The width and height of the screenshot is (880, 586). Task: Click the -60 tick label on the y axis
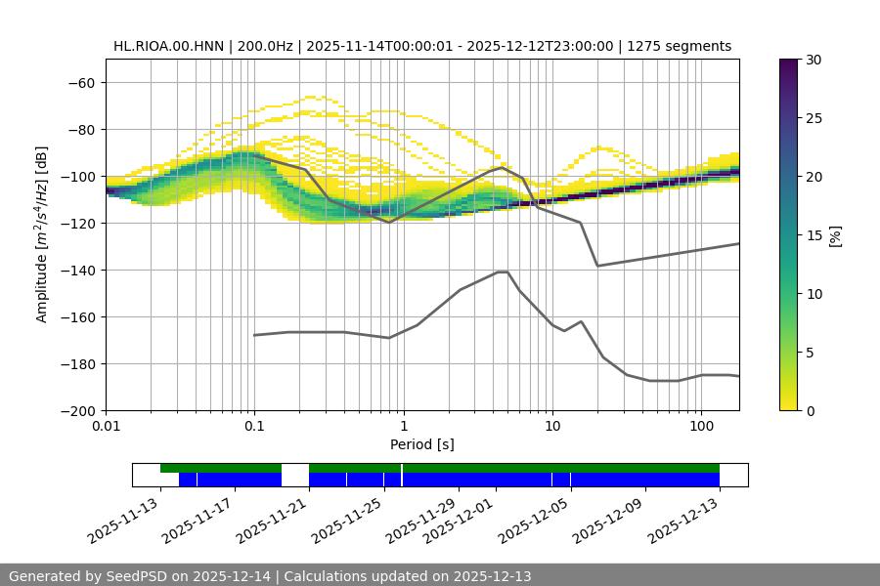tap(81, 83)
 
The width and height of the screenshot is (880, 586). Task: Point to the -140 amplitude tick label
tap(77, 271)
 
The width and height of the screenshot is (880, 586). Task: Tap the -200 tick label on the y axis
tap(77, 411)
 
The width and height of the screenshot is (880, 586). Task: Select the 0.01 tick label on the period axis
tap(106, 427)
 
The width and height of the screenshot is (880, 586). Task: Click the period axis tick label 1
tap(403, 427)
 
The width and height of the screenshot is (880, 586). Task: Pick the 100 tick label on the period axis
tap(701, 427)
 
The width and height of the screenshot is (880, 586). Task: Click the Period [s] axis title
tap(422, 445)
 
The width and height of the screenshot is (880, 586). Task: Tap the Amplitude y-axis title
tap(42, 235)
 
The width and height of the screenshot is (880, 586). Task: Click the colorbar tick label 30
tap(814, 61)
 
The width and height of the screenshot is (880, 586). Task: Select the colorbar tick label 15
tap(814, 235)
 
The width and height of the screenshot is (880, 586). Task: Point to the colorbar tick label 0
tap(810, 411)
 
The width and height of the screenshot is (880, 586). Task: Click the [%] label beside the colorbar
tap(835, 235)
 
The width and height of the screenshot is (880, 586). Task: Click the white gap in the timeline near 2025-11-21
tap(295, 475)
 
